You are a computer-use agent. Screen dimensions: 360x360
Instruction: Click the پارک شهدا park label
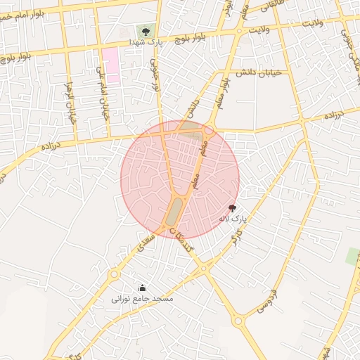click(x=146, y=43)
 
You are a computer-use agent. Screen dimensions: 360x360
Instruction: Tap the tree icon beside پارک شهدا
click(x=146, y=32)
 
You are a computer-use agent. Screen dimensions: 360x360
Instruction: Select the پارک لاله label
click(x=232, y=219)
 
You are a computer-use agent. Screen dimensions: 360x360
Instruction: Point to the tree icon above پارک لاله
click(x=232, y=208)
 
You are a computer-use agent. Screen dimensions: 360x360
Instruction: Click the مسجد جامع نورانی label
click(x=142, y=299)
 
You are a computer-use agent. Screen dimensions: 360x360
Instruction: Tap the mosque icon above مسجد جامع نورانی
click(x=142, y=288)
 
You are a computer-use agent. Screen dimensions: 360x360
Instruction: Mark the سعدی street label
click(x=146, y=241)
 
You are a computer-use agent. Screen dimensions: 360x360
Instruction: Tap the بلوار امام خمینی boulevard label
click(x=28, y=13)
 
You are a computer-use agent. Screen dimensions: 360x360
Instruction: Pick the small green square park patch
click(x=352, y=257)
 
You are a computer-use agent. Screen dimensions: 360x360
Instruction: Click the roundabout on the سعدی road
click(x=115, y=274)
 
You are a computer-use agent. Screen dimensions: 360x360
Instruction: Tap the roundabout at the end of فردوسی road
click(x=238, y=321)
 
